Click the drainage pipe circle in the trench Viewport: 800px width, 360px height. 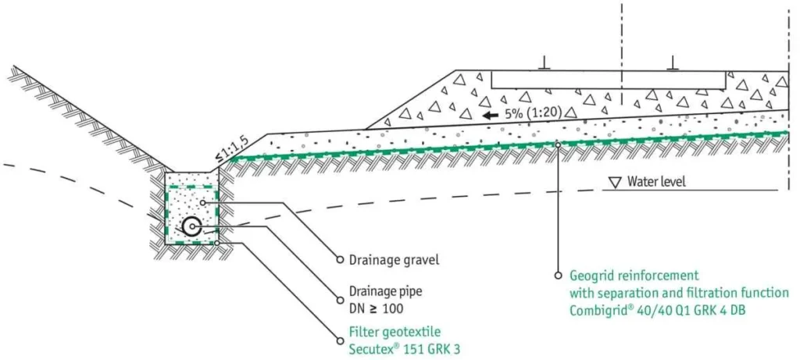pos(192,226)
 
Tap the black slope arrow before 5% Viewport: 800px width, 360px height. pos(491,116)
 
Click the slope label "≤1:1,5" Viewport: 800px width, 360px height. pos(227,151)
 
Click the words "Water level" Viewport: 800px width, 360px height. pos(657,181)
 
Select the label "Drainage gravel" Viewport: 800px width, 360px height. pos(394,260)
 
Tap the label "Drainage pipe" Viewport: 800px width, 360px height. pos(386,292)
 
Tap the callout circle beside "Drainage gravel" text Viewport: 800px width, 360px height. pos(340,259)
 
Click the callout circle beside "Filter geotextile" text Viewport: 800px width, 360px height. pos(340,340)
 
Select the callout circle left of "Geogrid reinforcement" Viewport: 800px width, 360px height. pos(559,276)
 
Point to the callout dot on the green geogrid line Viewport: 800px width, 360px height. pos(559,144)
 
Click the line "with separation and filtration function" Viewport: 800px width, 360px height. pos(679,293)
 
